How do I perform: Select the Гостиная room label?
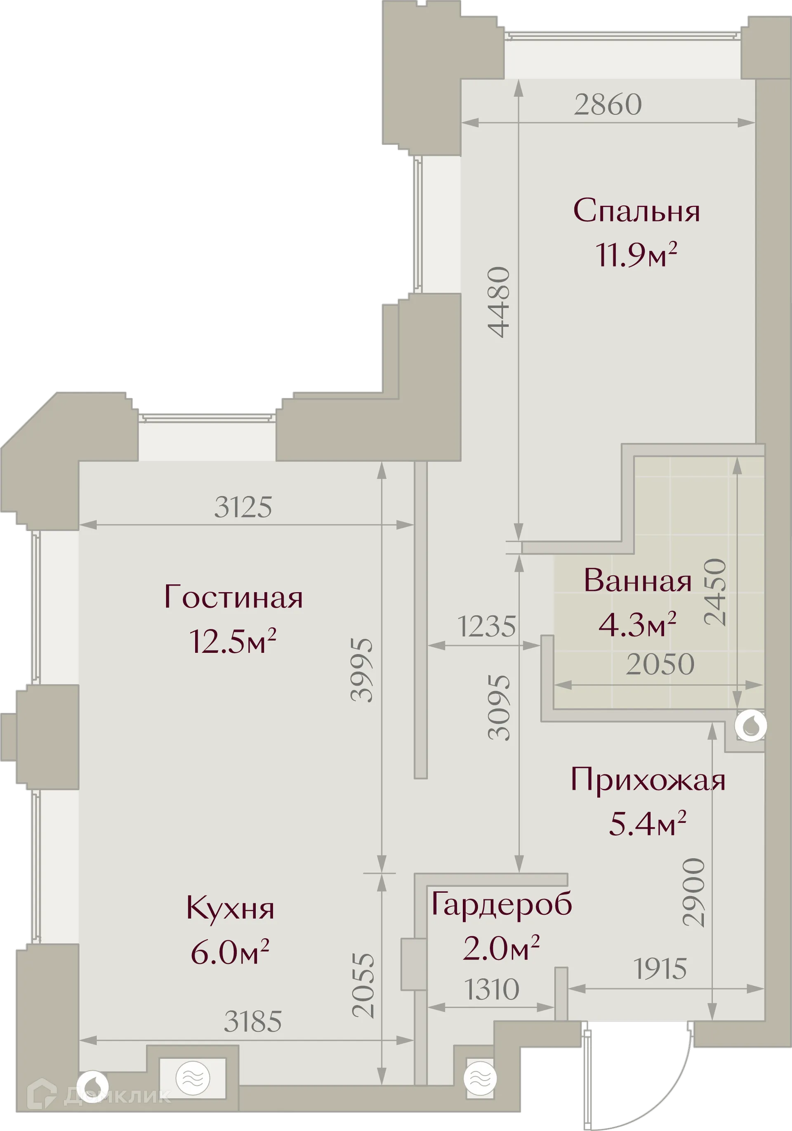[x=233, y=597]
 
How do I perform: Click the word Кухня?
[x=230, y=908]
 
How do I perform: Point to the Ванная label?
[x=637, y=581]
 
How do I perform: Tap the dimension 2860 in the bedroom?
[x=608, y=104]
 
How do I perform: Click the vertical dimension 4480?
[x=498, y=302]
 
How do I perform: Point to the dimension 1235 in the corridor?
[x=487, y=626]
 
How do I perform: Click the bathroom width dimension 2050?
[x=660, y=664]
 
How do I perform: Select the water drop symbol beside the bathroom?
[x=750, y=725]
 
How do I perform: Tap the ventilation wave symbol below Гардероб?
[x=480, y=1078]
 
